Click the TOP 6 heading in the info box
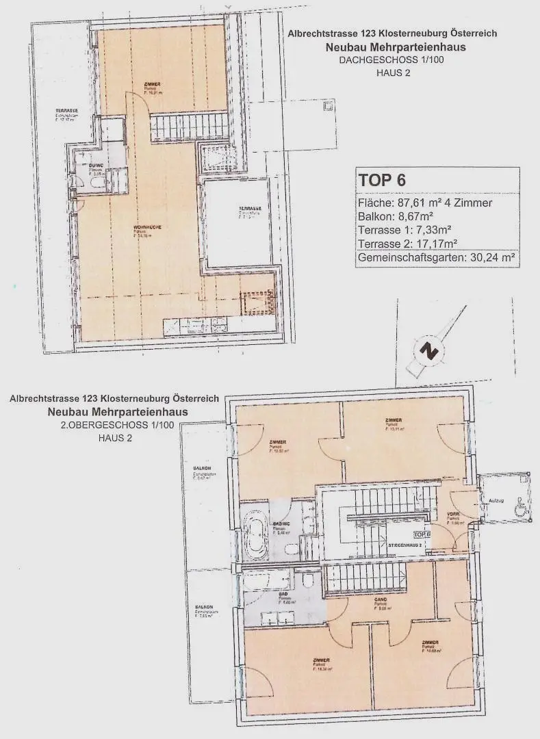383,181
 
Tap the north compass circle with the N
429,352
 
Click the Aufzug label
496,501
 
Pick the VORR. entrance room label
453,515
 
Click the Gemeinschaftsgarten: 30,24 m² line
436,259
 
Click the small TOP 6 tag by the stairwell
422,534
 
